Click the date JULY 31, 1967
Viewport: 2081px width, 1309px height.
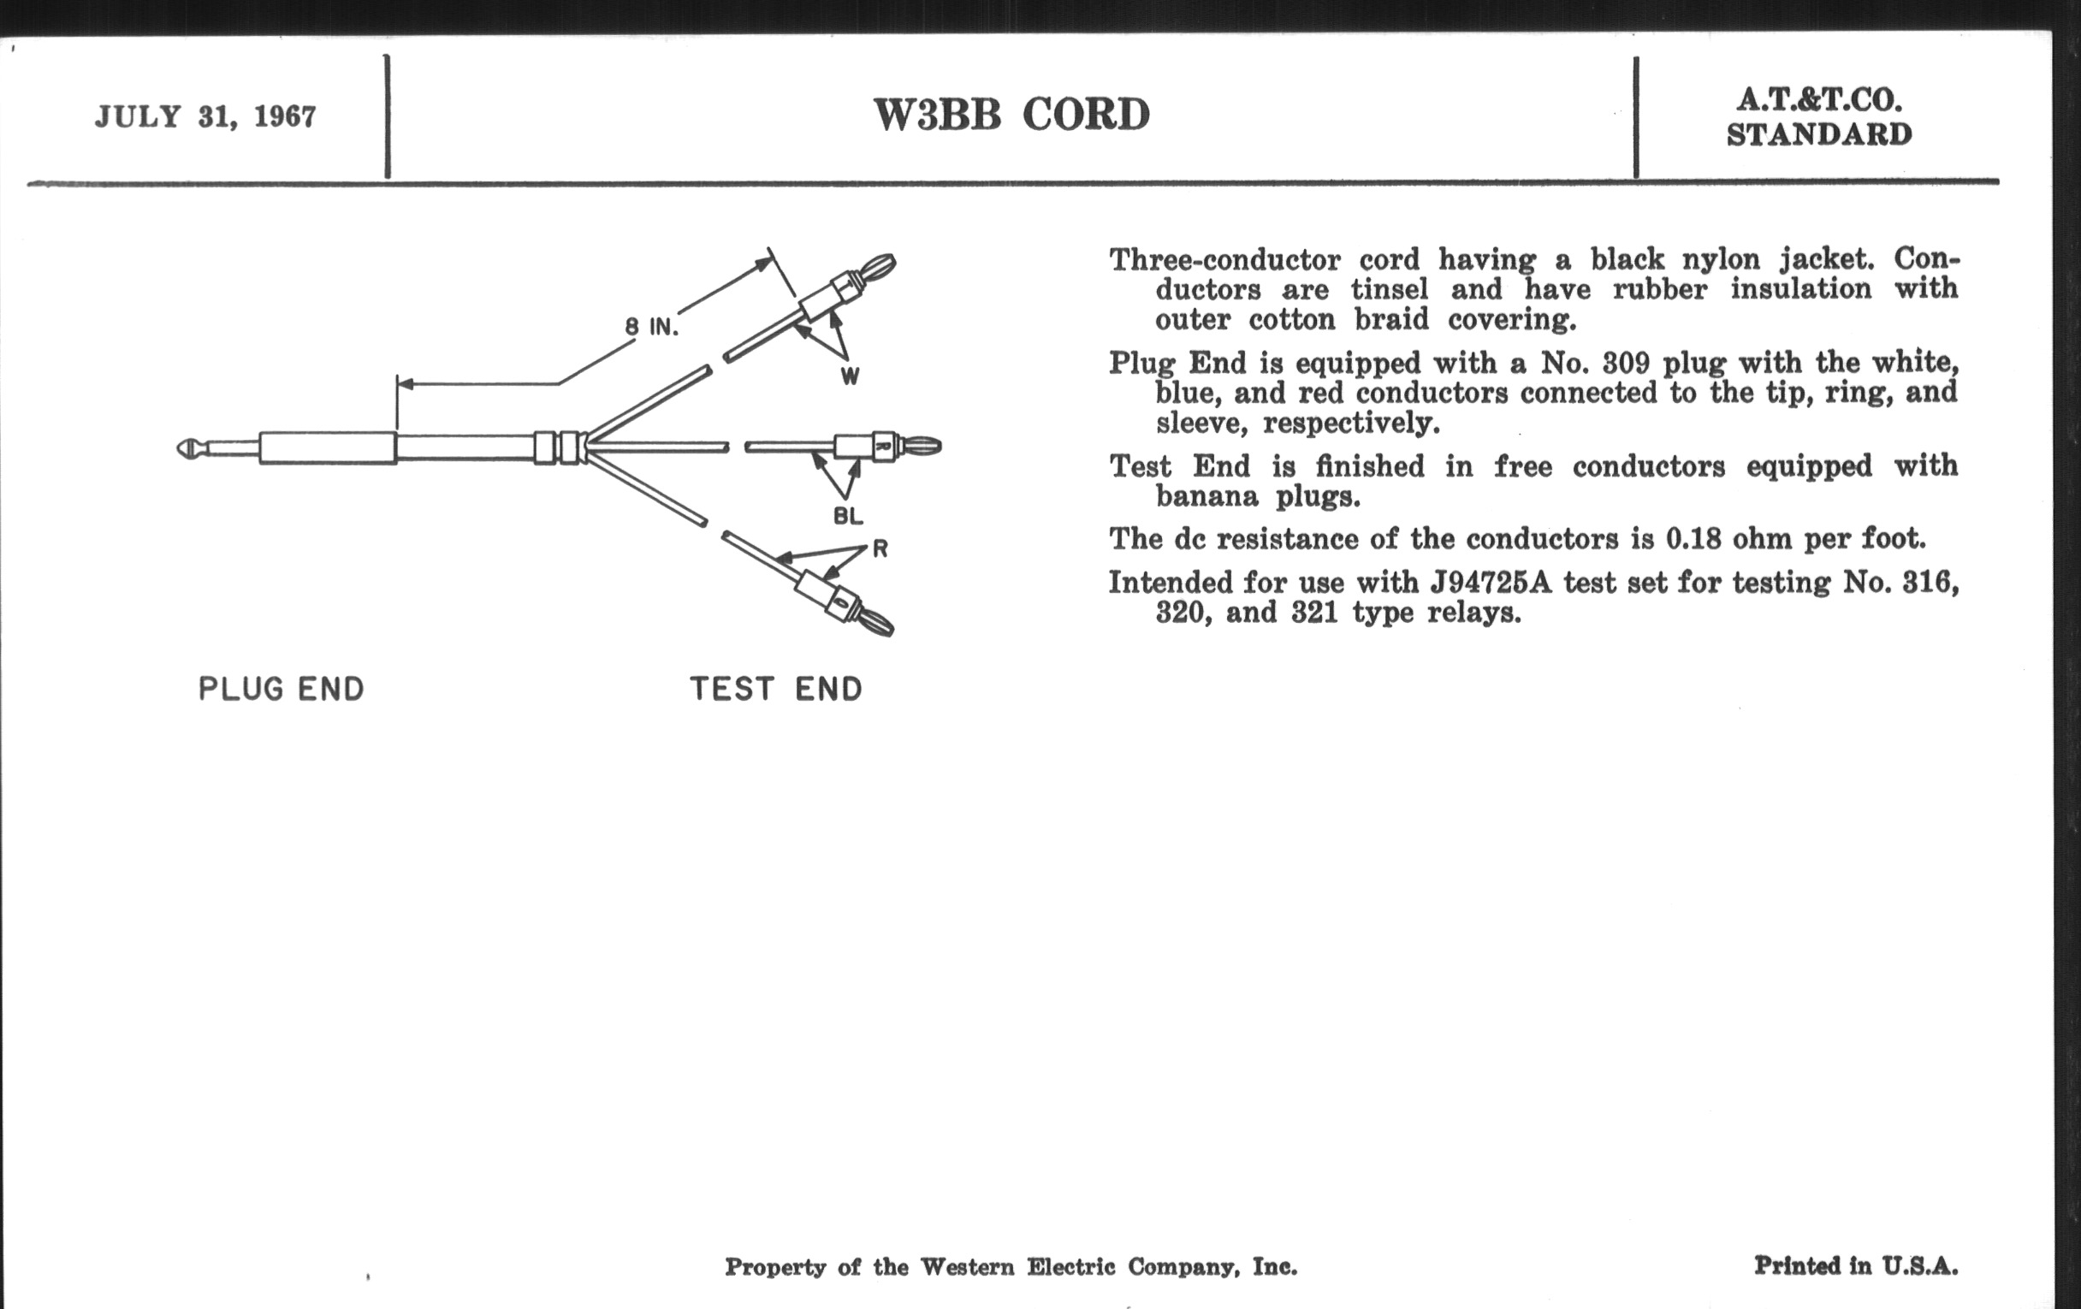[x=205, y=116]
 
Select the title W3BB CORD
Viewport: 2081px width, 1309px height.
[x=1011, y=115]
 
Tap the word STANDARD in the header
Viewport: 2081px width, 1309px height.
[x=1819, y=135]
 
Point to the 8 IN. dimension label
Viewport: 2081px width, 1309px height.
[x=651, y=327]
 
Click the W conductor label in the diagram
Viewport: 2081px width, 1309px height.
[x=850, y=376]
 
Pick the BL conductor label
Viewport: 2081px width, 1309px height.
[x=848, y=516]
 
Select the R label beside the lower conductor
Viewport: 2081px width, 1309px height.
[x=880, y=548]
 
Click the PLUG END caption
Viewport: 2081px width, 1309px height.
[x=281, y=689]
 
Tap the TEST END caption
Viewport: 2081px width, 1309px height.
[x=775, y=689]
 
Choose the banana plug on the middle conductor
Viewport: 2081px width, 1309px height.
[x=920, y=447]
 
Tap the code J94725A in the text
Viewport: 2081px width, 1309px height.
[x=1491, y=583]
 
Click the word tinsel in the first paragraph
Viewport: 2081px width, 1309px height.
[x=1383, y=288]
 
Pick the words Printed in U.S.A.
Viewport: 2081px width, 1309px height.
[x=1855, y=1266]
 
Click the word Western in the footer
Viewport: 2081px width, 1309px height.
[x=966, y=1268]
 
